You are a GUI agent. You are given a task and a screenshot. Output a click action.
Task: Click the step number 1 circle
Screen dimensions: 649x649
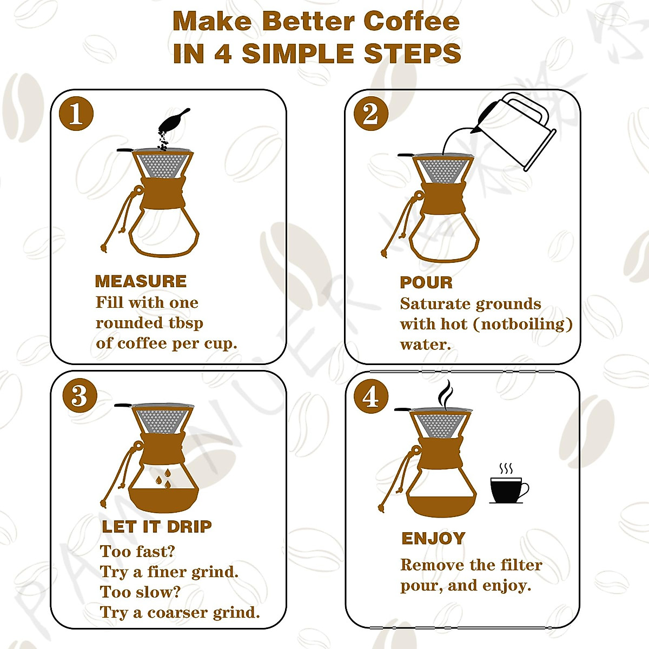pos(76,114)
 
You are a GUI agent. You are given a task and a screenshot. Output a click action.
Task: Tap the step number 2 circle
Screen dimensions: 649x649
pos(370,114)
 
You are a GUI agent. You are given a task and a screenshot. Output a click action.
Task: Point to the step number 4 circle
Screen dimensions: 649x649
pos(370,396)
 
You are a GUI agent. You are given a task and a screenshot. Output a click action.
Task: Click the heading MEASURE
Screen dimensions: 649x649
pos(141,281)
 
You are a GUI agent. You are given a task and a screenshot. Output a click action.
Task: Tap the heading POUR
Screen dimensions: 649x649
pos(426,282)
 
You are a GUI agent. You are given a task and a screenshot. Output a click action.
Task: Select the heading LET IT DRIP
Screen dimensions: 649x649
pos(156,526)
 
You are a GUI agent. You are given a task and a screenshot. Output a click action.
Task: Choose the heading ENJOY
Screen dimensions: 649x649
pos(433,539)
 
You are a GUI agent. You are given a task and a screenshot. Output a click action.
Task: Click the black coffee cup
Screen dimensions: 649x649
pos(507,489)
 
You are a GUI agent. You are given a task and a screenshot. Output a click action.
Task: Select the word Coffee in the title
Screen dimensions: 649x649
pos(412,22)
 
